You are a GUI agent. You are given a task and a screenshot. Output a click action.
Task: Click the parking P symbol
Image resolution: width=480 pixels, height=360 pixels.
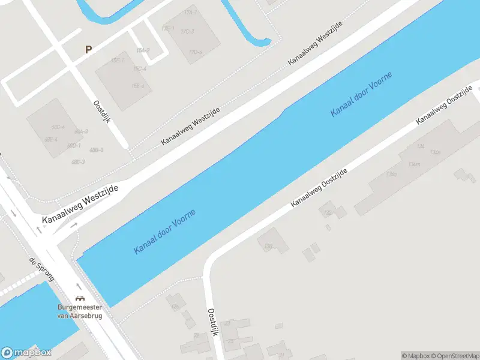click(89, 50)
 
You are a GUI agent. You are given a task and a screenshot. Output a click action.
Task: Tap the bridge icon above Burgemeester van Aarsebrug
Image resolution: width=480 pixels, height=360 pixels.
click(79, 298)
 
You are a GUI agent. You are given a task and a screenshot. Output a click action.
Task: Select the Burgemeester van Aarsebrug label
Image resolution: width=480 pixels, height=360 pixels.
click(79, 311)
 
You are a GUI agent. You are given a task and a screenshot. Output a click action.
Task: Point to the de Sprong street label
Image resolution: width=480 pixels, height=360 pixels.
click(42, 269)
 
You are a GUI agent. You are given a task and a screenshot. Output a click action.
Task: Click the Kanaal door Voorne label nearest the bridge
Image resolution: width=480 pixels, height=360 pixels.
click(164, 231)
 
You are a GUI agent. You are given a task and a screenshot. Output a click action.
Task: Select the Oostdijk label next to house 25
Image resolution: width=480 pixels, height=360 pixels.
click(212, 323)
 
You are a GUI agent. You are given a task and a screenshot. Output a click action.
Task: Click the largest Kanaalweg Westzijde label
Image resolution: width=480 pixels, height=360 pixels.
click(80, 205)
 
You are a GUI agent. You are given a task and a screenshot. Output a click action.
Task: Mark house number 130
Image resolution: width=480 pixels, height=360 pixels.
click(268, 247)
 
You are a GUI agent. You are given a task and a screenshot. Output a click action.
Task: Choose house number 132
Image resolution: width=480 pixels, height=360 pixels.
click(328, 212)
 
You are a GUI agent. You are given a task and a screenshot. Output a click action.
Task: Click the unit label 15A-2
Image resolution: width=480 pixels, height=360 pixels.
click(143, 50)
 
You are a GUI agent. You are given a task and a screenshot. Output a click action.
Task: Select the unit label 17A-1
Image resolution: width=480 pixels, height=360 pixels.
click(191, 12)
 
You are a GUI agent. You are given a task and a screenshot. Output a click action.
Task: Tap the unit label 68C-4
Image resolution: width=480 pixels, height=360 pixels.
click(58, 127)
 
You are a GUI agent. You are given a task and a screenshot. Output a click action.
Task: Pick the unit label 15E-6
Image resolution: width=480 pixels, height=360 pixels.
click(139, 86)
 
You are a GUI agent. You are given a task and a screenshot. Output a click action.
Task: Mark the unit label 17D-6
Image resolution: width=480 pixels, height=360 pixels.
click(196, 52)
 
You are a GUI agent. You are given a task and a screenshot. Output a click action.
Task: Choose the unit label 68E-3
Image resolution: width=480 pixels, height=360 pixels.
click(78, 162)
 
